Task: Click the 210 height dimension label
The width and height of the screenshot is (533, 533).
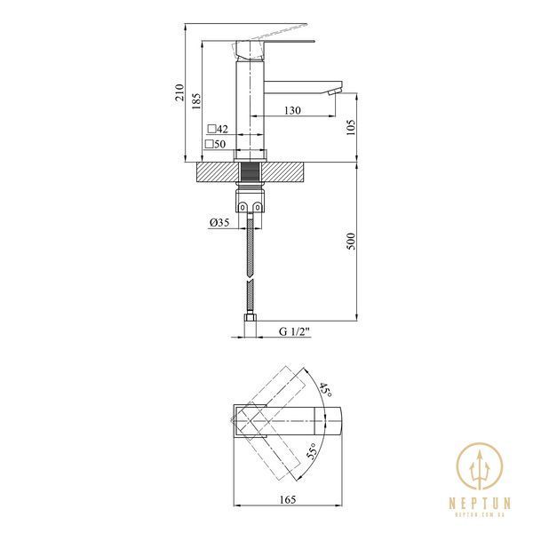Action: [x=179, y=92]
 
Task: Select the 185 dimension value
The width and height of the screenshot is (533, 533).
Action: [x=196, y=101]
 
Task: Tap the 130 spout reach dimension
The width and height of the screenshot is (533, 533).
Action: [x=292, y=110]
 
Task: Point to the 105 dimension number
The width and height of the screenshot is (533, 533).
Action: [x=351, y=127]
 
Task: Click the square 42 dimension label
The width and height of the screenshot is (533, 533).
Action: [x=218, y=129]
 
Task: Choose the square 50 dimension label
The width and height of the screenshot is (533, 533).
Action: [x=216, y=144]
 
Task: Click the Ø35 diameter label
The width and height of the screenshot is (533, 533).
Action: [x=219, y=223]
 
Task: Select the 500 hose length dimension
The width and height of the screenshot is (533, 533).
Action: [x=351, y=242]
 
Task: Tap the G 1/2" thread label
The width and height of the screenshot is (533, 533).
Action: [x=295, y=331]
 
